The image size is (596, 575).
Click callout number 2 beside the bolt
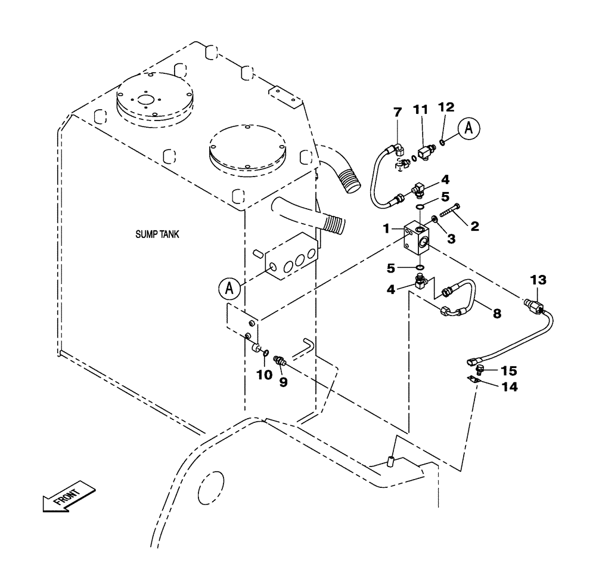click(x=475, y=226)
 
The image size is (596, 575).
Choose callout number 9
click(x=284, y=382)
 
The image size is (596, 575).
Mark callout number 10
click(x=264, y=375)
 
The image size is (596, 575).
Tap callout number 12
click(x=446, y=107)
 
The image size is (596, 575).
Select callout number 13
click(x=538, y=280)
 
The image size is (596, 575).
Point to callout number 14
click(x=509, y=387)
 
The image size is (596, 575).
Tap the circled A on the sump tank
click(x=228, y=289)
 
